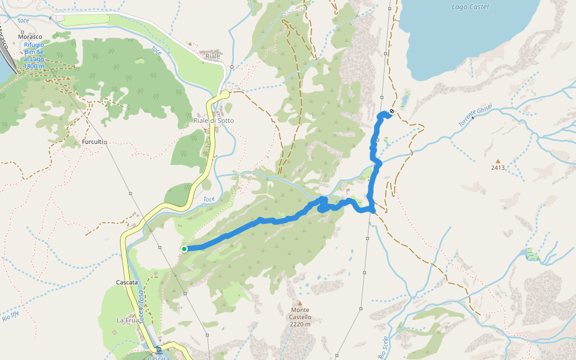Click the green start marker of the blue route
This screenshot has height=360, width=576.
pos(184,248)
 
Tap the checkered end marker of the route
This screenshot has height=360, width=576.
pos(392,111)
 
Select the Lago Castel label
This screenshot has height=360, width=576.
pos(470,7)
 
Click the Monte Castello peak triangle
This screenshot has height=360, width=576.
pos(299,303)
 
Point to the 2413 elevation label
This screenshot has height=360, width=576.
pos(497,168)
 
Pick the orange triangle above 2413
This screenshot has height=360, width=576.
pos(497,161)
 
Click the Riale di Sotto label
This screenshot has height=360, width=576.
pos(214,121)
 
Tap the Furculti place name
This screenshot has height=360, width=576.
pos(92,142)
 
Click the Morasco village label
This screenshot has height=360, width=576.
pos(30,37)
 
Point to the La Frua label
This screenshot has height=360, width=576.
pos(127,320)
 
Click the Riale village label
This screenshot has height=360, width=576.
pos(213,56)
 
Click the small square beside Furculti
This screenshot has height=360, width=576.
pos(105,142)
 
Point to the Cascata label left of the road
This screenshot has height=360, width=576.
pos(127,282)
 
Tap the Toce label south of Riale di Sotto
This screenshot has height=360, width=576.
pos(209,199)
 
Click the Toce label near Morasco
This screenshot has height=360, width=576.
pos(23,22)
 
